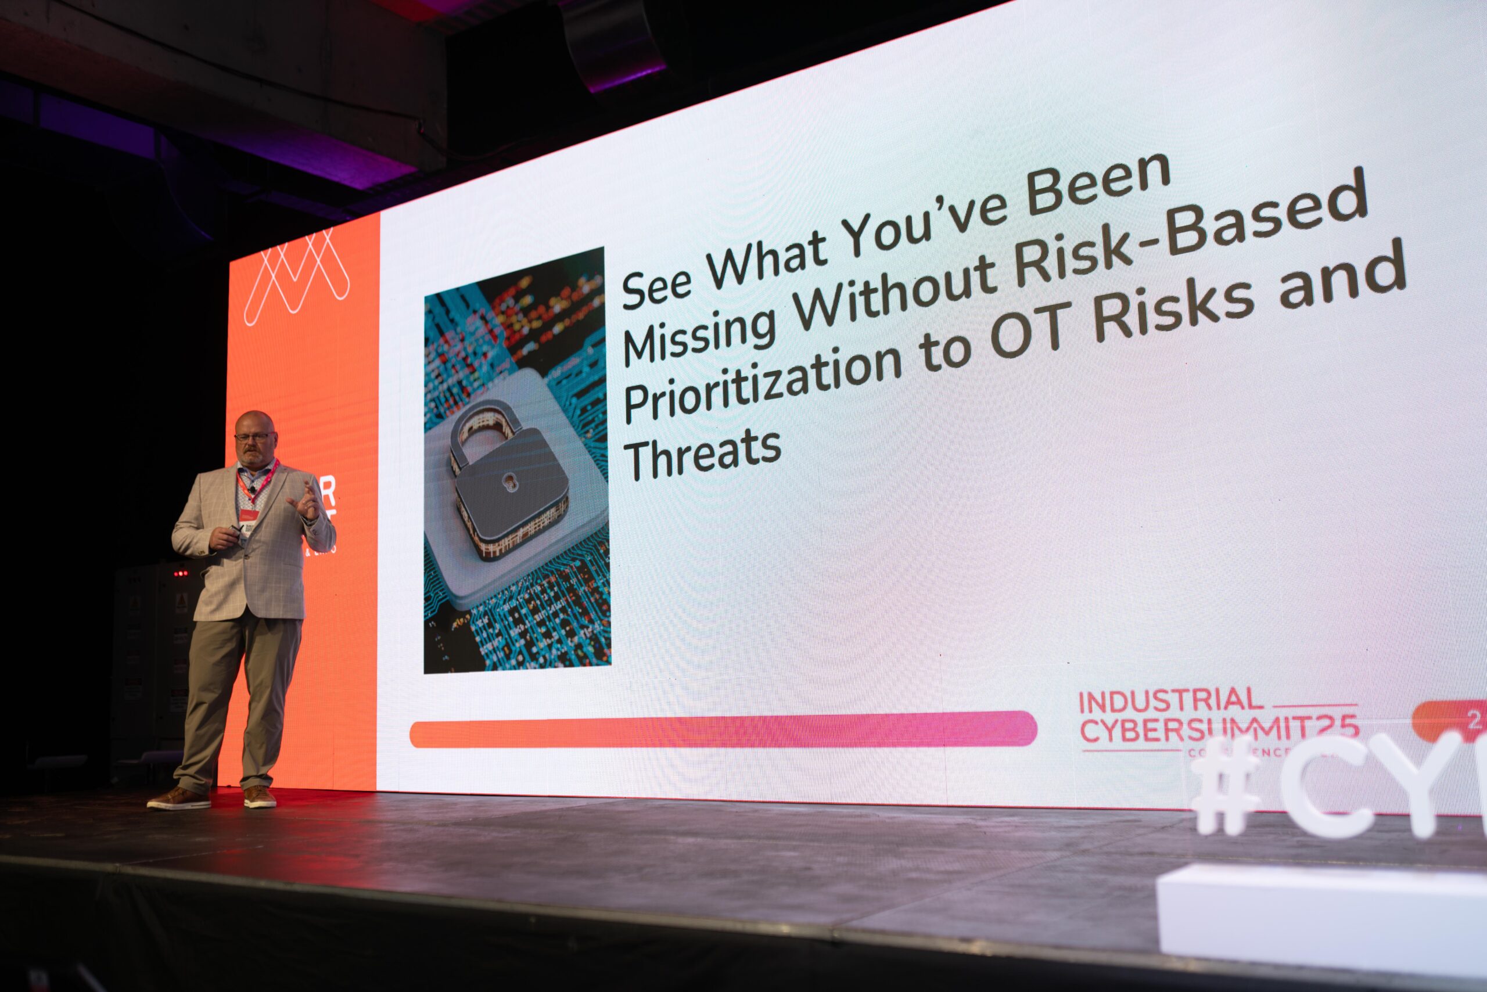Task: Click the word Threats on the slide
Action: click(702, 454)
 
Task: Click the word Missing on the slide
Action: click(699, 334)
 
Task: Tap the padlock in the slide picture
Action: click(506, 481)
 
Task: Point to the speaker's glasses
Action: click(254, 437)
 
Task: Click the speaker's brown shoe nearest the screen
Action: click(260, 796)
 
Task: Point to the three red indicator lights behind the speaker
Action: click(181, 574)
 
